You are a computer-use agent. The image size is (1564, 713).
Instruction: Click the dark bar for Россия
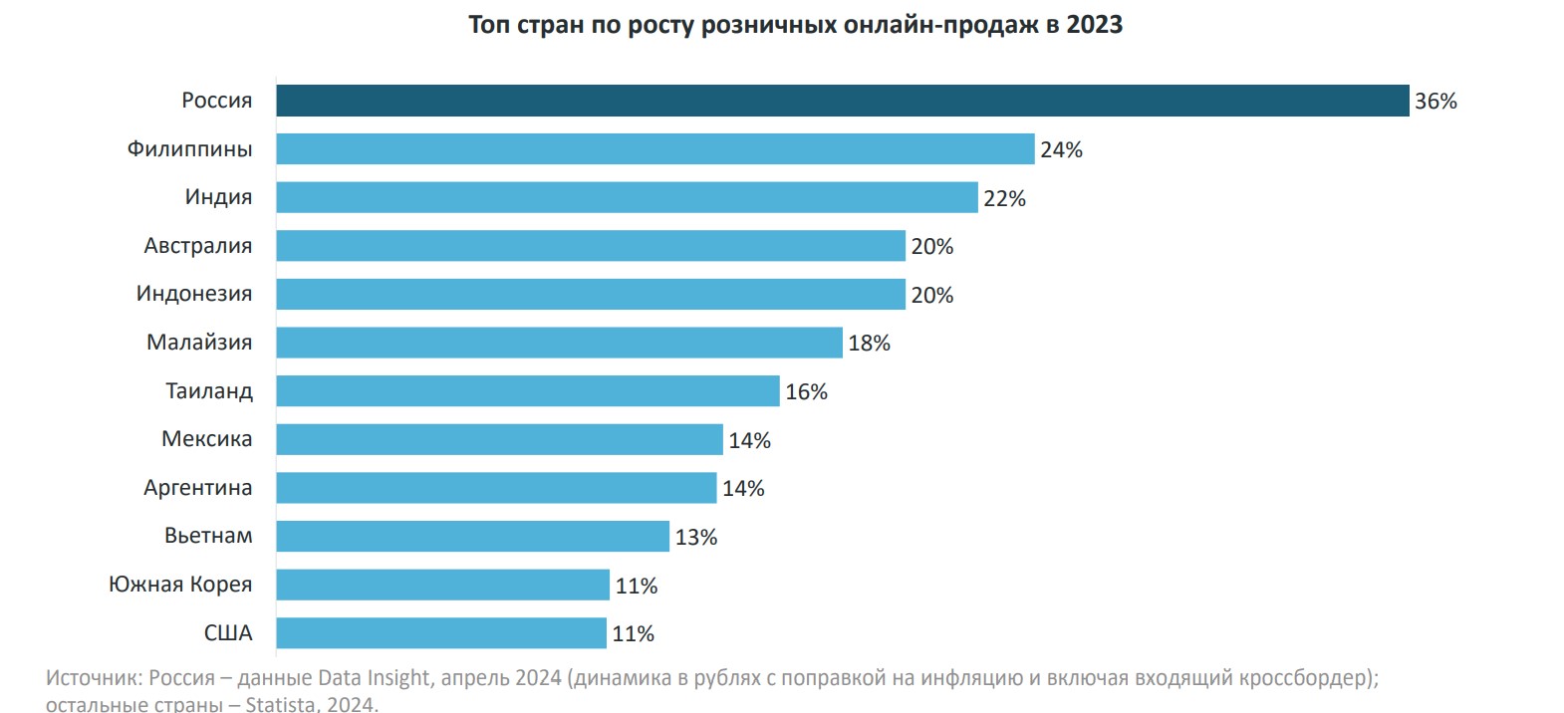pyautogui.click(x=842, y=101)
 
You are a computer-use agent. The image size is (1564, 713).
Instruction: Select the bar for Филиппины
pyautogui.click(x=654, y=149)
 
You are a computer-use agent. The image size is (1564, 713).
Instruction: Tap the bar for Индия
pyautogui.click(x=627, y=197)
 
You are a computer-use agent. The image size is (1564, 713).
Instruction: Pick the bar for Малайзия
pyautogui.click(x=559, y=343)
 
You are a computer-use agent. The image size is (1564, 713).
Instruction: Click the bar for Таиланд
pyautogui.click(x=527, y=391)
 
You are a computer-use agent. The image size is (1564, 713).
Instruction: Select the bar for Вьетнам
pyautogui.click(x=472, y=537)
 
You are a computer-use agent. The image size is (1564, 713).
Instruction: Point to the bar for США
pyautogui.click(x=440, y=633)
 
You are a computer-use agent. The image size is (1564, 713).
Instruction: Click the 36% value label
pyautogui.click(x=1435, y=102)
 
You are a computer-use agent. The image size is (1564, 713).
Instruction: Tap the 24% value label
pyautogui.click(x=1061, y=150)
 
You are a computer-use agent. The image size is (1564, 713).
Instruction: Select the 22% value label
pyautogui.click(x=1004, y=199)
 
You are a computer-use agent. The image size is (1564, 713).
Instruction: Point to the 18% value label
pyautogui.click(x=869, y=344)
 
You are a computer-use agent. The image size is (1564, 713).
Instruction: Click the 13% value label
pyautogui.click(x=696, y=538)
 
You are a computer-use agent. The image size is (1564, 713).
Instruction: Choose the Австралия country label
pyautogui.click(x=198, y=246)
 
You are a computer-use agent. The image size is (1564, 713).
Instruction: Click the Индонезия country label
pyautogui.click(x=194, y=294)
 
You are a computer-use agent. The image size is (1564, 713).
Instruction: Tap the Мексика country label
pyautogui.click(x=207, y=439)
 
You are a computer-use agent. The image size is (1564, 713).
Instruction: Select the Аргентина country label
pyautogui.click(x=198, y=488)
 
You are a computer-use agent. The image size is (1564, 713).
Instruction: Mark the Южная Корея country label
pyautogui.click(x=180, y=585)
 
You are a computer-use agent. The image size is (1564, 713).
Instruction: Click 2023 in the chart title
pyautogui.click(x=1094, y=25)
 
